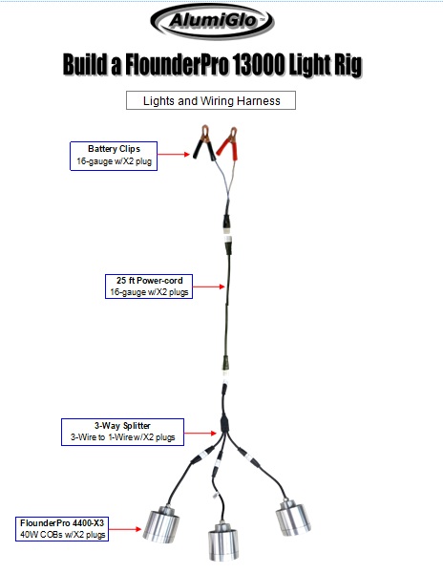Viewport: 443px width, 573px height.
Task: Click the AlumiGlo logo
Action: pos(212,21)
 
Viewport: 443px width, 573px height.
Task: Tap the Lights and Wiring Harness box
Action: pos(211,100)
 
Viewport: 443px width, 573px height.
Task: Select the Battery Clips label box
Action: pos(114,156)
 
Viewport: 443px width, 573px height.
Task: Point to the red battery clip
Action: pos(228,144)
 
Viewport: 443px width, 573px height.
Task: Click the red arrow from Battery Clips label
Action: pos(174,154)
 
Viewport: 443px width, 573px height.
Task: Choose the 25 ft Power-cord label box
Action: pos(149,286)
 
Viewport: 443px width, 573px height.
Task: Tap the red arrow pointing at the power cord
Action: pos(208,286)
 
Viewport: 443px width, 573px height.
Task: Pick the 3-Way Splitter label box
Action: pos(122,432)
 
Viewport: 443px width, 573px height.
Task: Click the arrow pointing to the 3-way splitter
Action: pos(200,433)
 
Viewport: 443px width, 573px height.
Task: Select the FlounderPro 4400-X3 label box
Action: pos(62,529)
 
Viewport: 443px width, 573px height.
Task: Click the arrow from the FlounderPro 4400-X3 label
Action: pos(125,529)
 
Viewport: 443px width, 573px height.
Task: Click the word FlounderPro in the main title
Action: pos(177,65)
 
